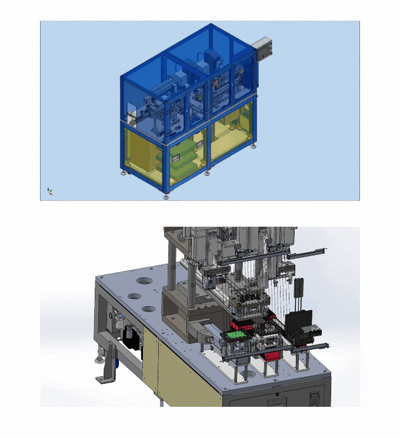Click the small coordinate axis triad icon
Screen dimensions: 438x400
(x=50, y=190)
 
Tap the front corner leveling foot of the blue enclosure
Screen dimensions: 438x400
(x=167, y=197)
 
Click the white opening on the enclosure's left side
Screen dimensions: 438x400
(x=132, y=112)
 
